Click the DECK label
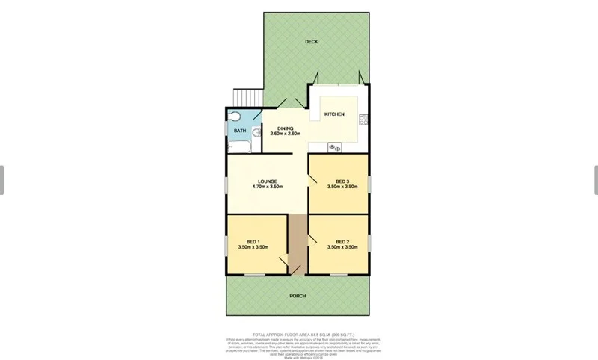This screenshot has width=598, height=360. click(x=312, y=42)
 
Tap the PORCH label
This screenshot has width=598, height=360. click(x=298, y=296)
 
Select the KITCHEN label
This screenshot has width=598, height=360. click(x=333, y=114)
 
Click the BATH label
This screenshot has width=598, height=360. click(x=239, y=131)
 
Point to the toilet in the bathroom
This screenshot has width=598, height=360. click(x=233, y=117)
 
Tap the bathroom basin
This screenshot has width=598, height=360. click(x=256, y=133)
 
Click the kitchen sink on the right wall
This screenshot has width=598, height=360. click(x=364, y=119)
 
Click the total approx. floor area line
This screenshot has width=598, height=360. click(x=303, y=335)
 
